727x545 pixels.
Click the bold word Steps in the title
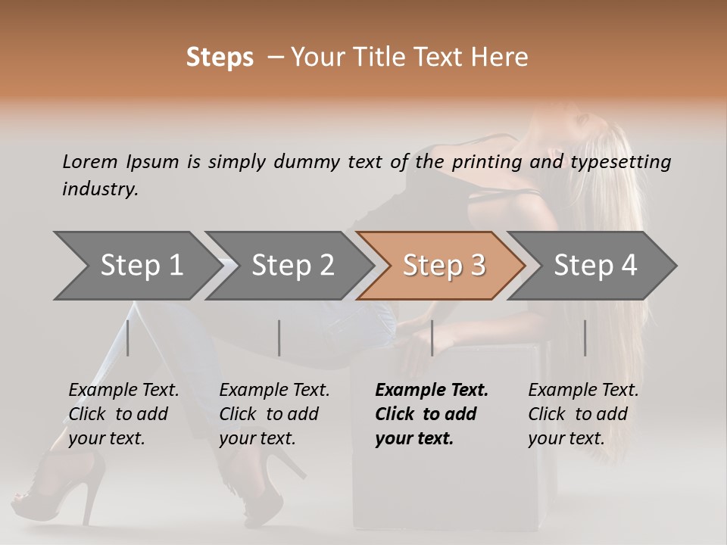(220, 58)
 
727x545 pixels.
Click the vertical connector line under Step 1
(128, 338)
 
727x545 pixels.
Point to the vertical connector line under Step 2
(279, 338)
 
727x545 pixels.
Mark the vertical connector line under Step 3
(432, 338)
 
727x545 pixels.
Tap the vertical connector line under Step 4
(585, 338)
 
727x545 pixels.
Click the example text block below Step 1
(123, 414)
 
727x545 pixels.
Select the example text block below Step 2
(274, 414)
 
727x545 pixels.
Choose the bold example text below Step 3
(432, 414)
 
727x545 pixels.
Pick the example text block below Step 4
(583, 414)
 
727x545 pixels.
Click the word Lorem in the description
(90, 162)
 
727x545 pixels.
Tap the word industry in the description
(99, 189)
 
